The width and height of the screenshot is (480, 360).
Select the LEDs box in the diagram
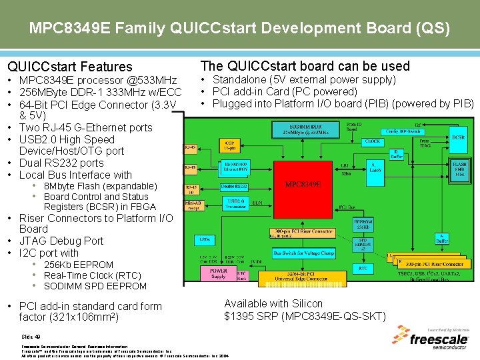(204, 238)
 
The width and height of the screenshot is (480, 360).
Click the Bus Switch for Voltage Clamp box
(305, 253)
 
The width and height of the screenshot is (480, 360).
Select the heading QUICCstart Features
(70, 67)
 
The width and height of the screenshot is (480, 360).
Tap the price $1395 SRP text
(305, 315)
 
